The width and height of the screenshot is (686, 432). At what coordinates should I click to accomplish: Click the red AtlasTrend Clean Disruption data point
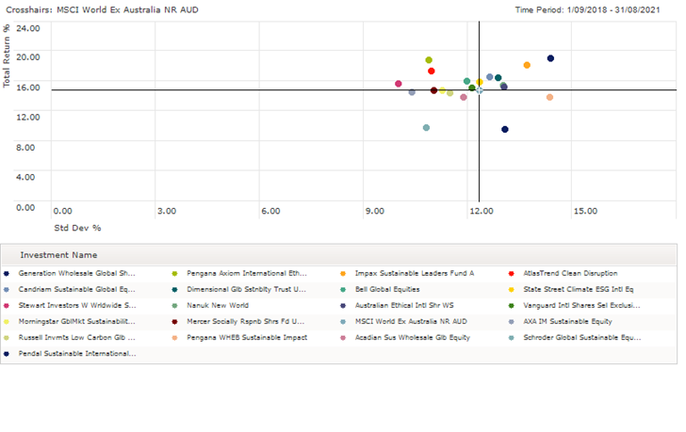click(x=432, y=71)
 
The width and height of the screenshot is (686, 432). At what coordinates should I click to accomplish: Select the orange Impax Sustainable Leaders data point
click(x=527, y=65)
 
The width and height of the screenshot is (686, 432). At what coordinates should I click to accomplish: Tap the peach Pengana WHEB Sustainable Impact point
click(x=549, y=97)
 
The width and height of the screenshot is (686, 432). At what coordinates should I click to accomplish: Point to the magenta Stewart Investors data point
click(x=399, y=84)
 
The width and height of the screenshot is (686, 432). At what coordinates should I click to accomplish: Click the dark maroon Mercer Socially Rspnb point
click(x=433, y=90)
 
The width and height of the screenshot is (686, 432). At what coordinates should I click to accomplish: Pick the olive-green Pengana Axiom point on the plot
click(x=429, y=60)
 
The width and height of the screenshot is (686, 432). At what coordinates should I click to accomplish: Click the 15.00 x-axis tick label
click(x=585, y=211)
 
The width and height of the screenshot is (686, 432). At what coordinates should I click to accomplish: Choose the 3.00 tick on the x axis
click(x=166, y=211)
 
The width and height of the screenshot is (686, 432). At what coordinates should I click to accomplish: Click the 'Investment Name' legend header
click(x=58, y=254)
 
